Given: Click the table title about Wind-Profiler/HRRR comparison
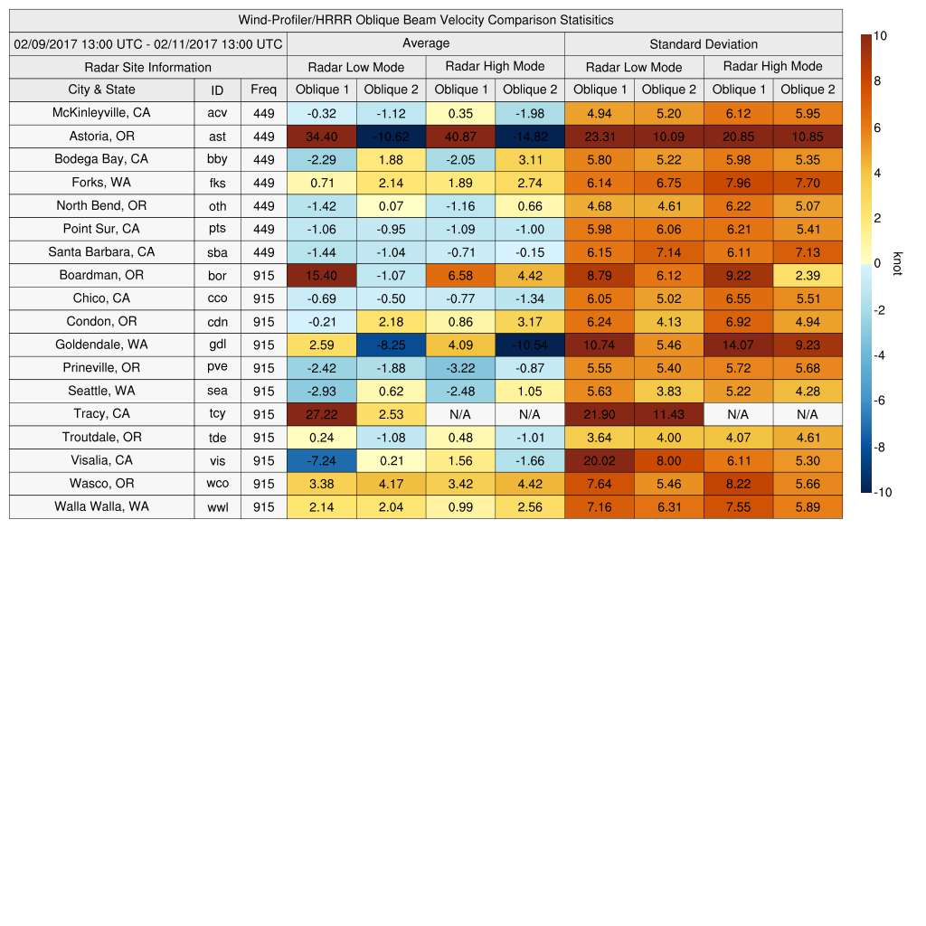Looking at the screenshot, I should coord(426,20).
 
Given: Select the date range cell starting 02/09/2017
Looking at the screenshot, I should coord(148,43).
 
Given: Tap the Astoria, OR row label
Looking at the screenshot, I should coord(101,137).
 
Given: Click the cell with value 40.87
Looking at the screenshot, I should coord(460,137).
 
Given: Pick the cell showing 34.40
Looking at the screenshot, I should coord(321,137).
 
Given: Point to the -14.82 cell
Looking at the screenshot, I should coord(530,137).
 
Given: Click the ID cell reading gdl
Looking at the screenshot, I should coord(217,345).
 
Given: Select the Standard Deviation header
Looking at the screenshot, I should coord(704,44).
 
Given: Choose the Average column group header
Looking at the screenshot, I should coord(425,43).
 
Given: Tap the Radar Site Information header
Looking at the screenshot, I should coord(148,67).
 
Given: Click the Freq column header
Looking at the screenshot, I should coord(263,90).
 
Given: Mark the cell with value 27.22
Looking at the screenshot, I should coord(321,414).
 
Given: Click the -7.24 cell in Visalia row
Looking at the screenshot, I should coord(321,460).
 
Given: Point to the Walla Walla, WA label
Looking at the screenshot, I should coord(101,506).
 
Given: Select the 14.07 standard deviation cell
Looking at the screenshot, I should coord(738,345).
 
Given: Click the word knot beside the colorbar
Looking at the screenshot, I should coord(897,263).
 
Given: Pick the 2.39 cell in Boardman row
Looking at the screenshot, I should coord(808,275).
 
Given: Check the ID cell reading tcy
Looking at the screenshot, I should coord(217,414).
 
